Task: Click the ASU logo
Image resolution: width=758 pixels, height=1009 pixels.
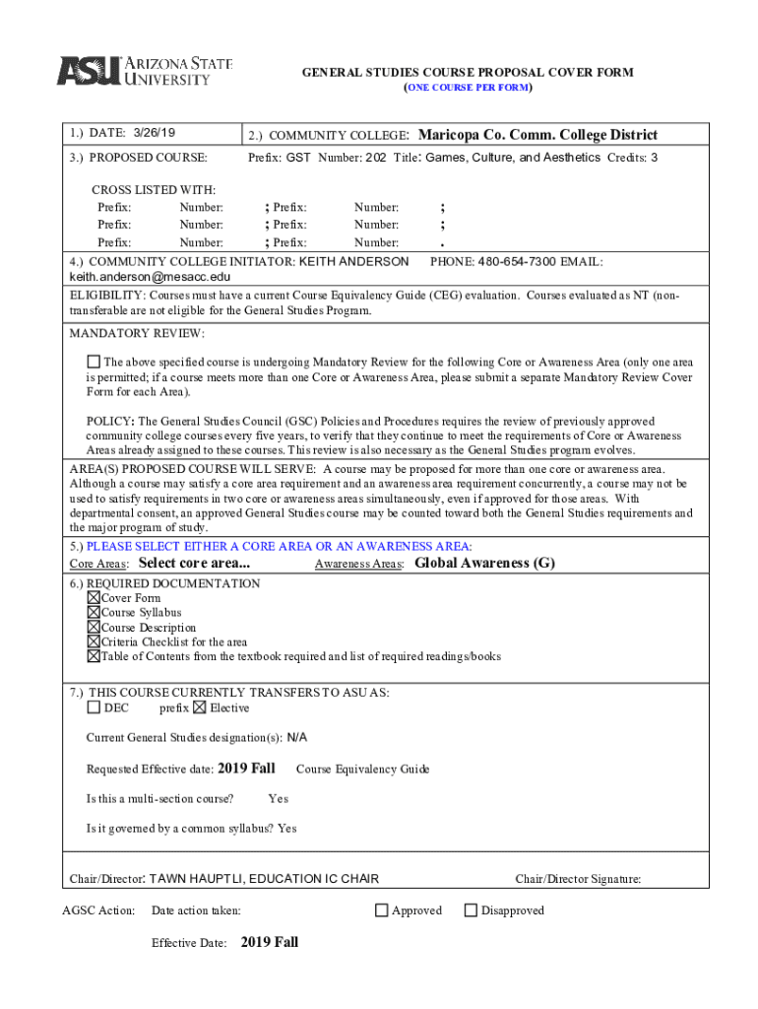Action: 144,71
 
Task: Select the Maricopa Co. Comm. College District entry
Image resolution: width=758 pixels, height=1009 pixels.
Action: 537,135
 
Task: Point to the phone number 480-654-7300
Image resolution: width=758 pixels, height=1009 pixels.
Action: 517,261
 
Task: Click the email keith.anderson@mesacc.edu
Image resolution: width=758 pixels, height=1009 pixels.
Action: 150,277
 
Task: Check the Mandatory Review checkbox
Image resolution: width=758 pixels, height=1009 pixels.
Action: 94,362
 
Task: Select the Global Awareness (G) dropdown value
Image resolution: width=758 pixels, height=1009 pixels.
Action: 484,564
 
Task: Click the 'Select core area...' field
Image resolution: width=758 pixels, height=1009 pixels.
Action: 194,564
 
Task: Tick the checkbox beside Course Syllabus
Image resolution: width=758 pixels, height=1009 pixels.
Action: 94,613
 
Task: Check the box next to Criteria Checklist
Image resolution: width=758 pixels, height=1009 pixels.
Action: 94,642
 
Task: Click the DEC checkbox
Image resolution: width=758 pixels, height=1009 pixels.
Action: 94,707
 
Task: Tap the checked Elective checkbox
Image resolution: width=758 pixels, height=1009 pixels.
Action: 200,707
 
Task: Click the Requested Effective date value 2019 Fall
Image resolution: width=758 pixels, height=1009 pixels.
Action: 246,769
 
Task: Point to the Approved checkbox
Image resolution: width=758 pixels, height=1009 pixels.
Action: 381,910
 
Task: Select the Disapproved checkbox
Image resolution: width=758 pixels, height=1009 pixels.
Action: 471,910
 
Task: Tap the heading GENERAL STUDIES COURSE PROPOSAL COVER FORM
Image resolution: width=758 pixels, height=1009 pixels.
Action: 467,73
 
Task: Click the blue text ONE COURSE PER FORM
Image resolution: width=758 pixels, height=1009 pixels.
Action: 469,88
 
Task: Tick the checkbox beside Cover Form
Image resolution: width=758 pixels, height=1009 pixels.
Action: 94,598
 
